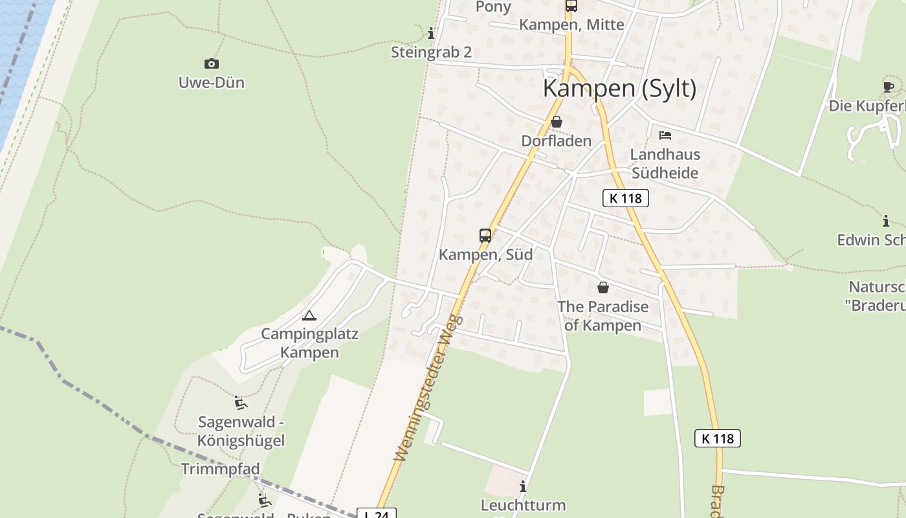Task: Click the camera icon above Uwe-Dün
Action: [211, 63]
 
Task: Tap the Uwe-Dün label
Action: [211, 83]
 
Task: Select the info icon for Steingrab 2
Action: [431, 33]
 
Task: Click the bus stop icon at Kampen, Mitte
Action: [571, 6]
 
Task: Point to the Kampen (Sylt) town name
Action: [619, 88]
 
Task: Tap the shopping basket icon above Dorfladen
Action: [556, 122]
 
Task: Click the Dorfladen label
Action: [556, 141]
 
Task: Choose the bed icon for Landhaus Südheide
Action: [665, 135]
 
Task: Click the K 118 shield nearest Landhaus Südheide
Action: [625, 198]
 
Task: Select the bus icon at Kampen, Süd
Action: [485, 235]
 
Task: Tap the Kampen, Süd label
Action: [485, 254]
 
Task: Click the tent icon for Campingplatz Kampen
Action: [309, 315]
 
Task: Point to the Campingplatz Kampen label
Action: [309, 343]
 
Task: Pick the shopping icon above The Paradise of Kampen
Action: [603, 287]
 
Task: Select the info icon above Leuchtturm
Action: [523, 486]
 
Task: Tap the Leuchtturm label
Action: [523, 505]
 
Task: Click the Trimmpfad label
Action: [220, 469]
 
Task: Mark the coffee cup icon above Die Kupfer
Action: [889, 87]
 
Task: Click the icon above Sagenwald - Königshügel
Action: [241, 403]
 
